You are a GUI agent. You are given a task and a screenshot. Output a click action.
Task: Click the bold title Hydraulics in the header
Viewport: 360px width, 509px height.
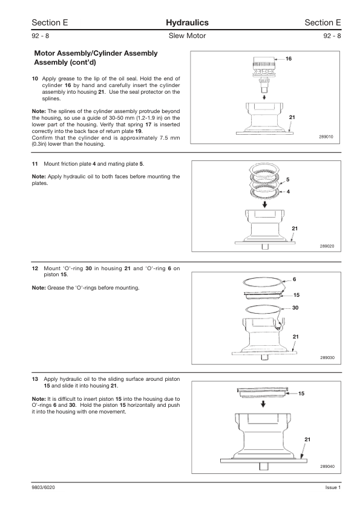point(187,23)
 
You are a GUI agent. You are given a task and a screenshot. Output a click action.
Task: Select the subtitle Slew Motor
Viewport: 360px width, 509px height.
point(187,36)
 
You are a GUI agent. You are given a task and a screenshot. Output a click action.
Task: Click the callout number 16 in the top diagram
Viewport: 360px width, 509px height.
point(289,59)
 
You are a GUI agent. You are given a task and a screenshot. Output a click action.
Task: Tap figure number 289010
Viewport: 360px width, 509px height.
point(326,137)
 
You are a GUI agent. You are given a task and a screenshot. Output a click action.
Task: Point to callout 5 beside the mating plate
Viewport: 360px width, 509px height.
point(288,180)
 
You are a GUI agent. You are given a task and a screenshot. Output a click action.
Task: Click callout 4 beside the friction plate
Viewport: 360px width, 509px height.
point(288,192)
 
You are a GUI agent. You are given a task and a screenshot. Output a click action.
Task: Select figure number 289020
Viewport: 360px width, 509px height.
point(327,247)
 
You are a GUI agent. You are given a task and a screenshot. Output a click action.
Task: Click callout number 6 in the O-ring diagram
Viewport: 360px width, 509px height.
point(295,279)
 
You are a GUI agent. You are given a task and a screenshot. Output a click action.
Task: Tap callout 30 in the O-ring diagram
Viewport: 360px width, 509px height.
point(295,308)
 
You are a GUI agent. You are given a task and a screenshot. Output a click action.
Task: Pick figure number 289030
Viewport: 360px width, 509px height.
point(327,358)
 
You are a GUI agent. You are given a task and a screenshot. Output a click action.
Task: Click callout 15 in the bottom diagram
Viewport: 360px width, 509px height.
point(301,394)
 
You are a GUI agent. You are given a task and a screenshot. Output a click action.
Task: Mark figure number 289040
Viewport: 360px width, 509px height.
point(327,467)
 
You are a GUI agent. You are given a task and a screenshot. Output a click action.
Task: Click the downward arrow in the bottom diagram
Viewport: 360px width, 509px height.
point(264,404)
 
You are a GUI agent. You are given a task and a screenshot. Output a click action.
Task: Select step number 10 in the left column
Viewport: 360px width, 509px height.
point(34,79)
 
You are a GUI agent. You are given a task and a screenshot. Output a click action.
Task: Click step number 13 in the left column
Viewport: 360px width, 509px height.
point(34,379)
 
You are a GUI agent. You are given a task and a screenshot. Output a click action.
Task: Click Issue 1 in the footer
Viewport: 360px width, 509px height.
point(333,487)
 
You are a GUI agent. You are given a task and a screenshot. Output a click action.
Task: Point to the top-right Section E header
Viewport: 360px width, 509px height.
point(322,23)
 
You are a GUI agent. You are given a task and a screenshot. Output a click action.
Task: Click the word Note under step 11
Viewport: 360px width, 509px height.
point(39,177)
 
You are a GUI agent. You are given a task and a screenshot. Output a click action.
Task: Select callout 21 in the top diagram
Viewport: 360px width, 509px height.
point(292,117)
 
